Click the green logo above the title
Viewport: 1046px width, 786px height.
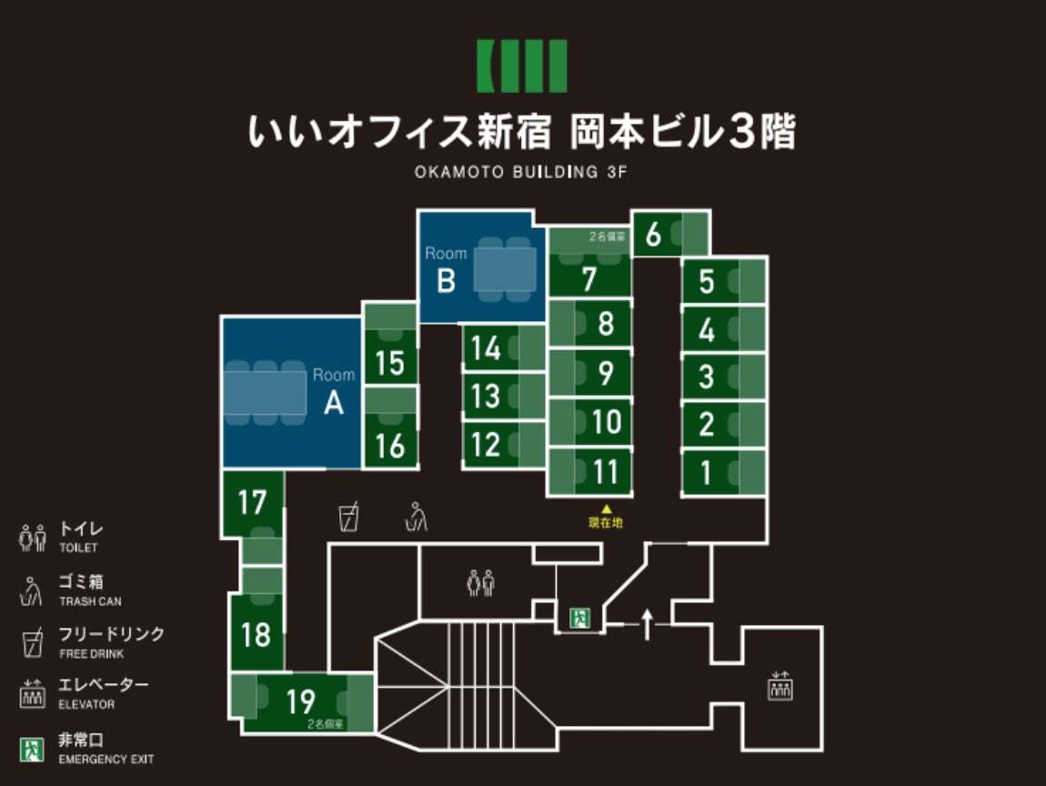click(x=522, y=65)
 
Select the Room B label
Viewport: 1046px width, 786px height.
click(x=446, y=271)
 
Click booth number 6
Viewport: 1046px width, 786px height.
click(x=653, y=235)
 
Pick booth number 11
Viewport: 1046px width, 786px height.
click(x=605, y=471)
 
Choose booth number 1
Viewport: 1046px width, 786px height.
click(x=706, y=472)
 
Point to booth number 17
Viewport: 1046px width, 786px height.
click(x=252, y=502)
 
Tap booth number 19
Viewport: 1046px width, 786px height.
click(x=300, y=701)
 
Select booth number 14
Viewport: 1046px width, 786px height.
click(x=487, y=348)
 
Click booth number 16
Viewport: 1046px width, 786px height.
click(x=390, y=446)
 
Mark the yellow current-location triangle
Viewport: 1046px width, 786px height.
click(x=605, y=509)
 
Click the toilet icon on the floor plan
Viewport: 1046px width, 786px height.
click(x=480, y=582)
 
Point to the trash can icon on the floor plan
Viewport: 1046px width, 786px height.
click(x=417, y=517)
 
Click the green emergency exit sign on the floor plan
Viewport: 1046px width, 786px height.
click(x=579, y=619)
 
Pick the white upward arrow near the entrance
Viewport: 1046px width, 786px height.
click(x=647, y=625)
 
